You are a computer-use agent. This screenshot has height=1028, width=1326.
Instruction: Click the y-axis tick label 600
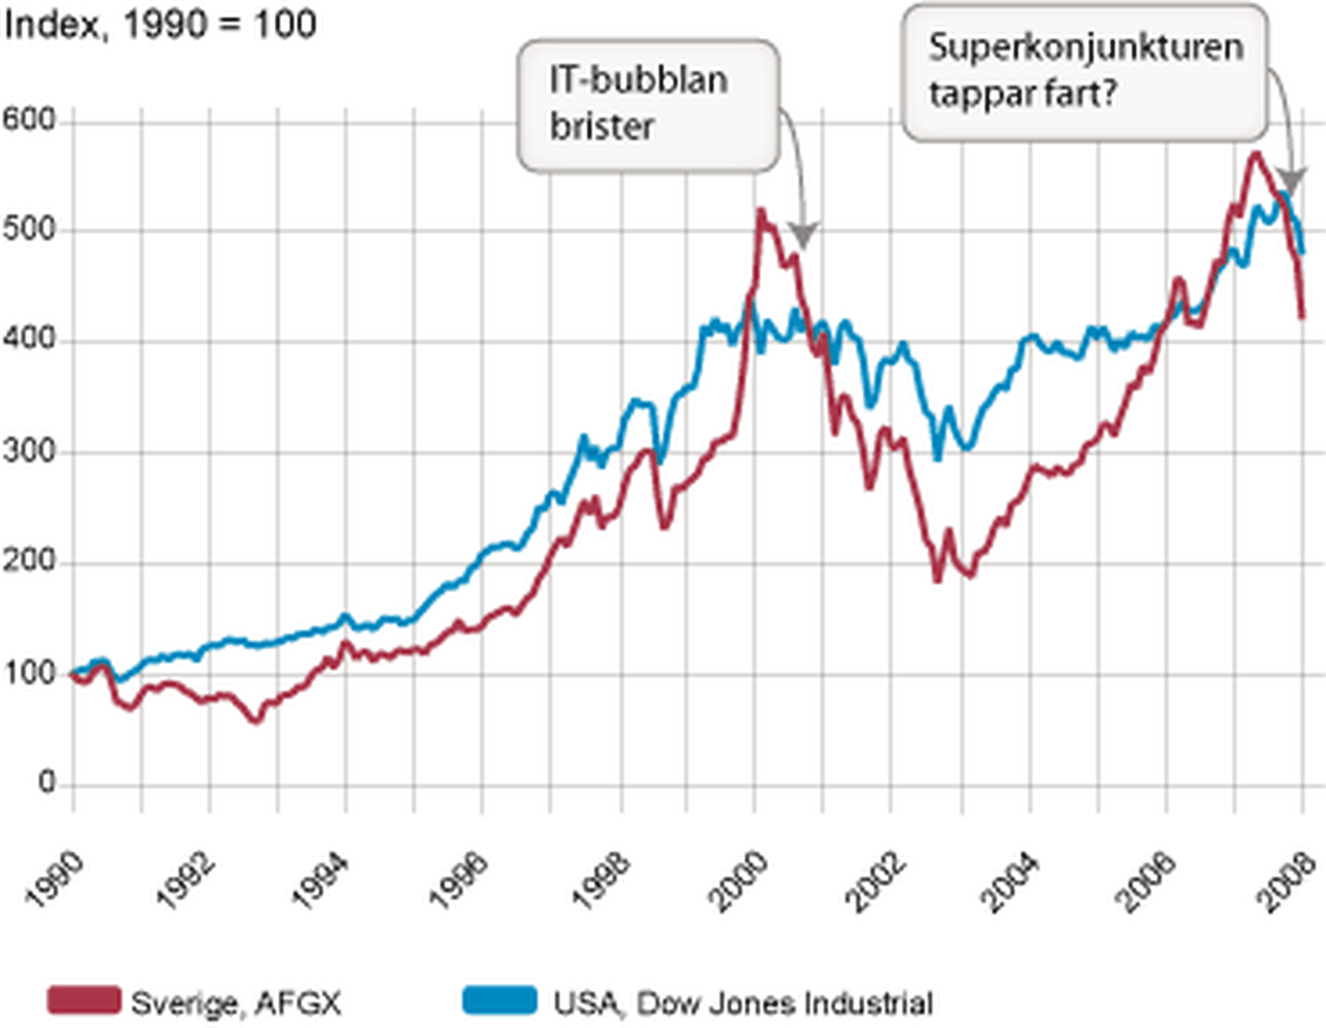tap(28, 120)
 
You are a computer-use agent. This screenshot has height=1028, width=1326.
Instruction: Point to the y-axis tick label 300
tap(28, 452)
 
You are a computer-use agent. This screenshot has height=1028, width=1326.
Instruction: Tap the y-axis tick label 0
tap(47, 782)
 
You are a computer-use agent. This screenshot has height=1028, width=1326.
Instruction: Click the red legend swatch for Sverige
tap(84, 1000)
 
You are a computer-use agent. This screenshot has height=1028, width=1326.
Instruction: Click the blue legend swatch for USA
tap(499, 1000)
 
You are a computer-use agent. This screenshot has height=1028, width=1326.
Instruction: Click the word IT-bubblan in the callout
tap(638, 80)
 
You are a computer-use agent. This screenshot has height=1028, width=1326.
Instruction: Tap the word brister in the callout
tap(602, 127)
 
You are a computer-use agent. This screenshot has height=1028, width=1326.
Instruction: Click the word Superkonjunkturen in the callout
tap(1086, 48)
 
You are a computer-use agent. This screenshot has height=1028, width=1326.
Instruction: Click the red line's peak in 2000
tap(761, 210)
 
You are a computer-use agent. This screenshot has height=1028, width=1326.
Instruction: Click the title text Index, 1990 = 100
tap(160, 25)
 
